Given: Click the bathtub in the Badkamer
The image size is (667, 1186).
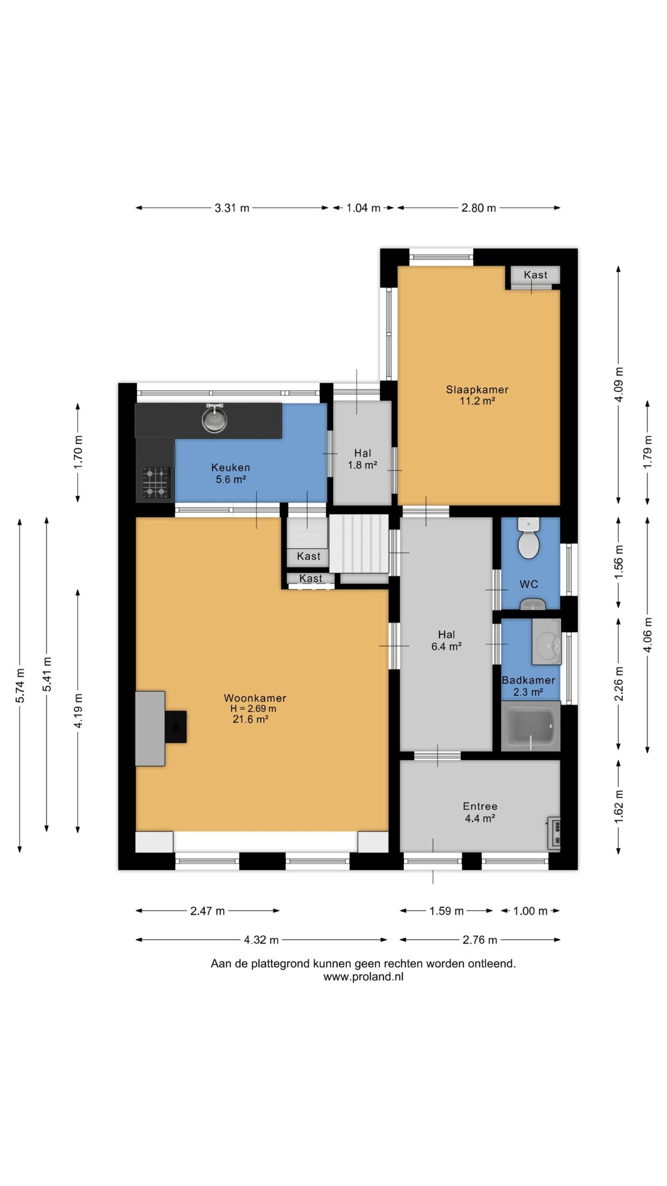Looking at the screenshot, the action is tap(531, 725).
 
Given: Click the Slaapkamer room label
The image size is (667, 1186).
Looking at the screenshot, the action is tap(477, 390).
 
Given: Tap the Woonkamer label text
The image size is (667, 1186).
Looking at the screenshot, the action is tap(255, 698).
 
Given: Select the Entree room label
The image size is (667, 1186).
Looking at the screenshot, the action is tap(480, 806).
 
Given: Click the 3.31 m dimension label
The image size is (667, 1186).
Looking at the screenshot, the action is tap(232, 208).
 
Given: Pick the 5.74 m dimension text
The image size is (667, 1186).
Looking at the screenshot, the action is tap(20, 686).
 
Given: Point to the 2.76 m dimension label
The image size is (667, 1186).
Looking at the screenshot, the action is tap(480, 940).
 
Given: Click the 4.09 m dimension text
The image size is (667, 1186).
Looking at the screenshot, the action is tap(619, 384).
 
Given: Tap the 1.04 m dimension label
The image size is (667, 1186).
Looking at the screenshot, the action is tap(364, 208).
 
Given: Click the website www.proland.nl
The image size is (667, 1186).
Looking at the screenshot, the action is tap(363, 977).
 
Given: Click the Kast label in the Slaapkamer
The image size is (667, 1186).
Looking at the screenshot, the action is tap(535, 275).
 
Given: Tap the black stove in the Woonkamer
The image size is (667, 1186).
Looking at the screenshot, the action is tap(176, 727).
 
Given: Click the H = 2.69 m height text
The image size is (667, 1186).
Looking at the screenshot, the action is tap(253, 708).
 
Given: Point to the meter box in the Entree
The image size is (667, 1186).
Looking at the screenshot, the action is tap(554, 833).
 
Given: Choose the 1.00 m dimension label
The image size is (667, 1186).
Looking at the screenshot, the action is tap(530, 911).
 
